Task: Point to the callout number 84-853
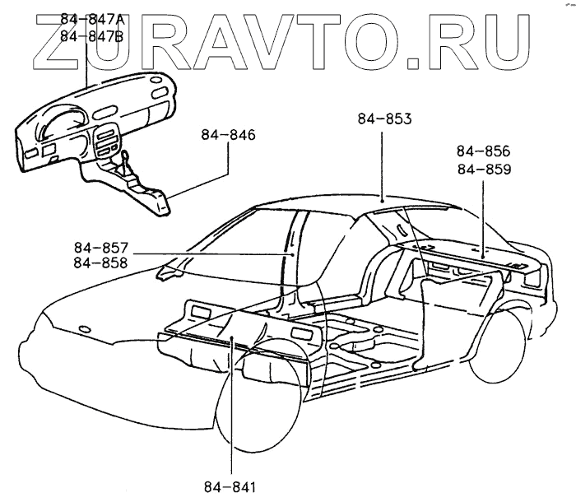tap(384, 119)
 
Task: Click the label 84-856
tap(483, 152)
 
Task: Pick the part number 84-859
tap(483, 170)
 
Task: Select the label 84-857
tap(100, 248)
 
